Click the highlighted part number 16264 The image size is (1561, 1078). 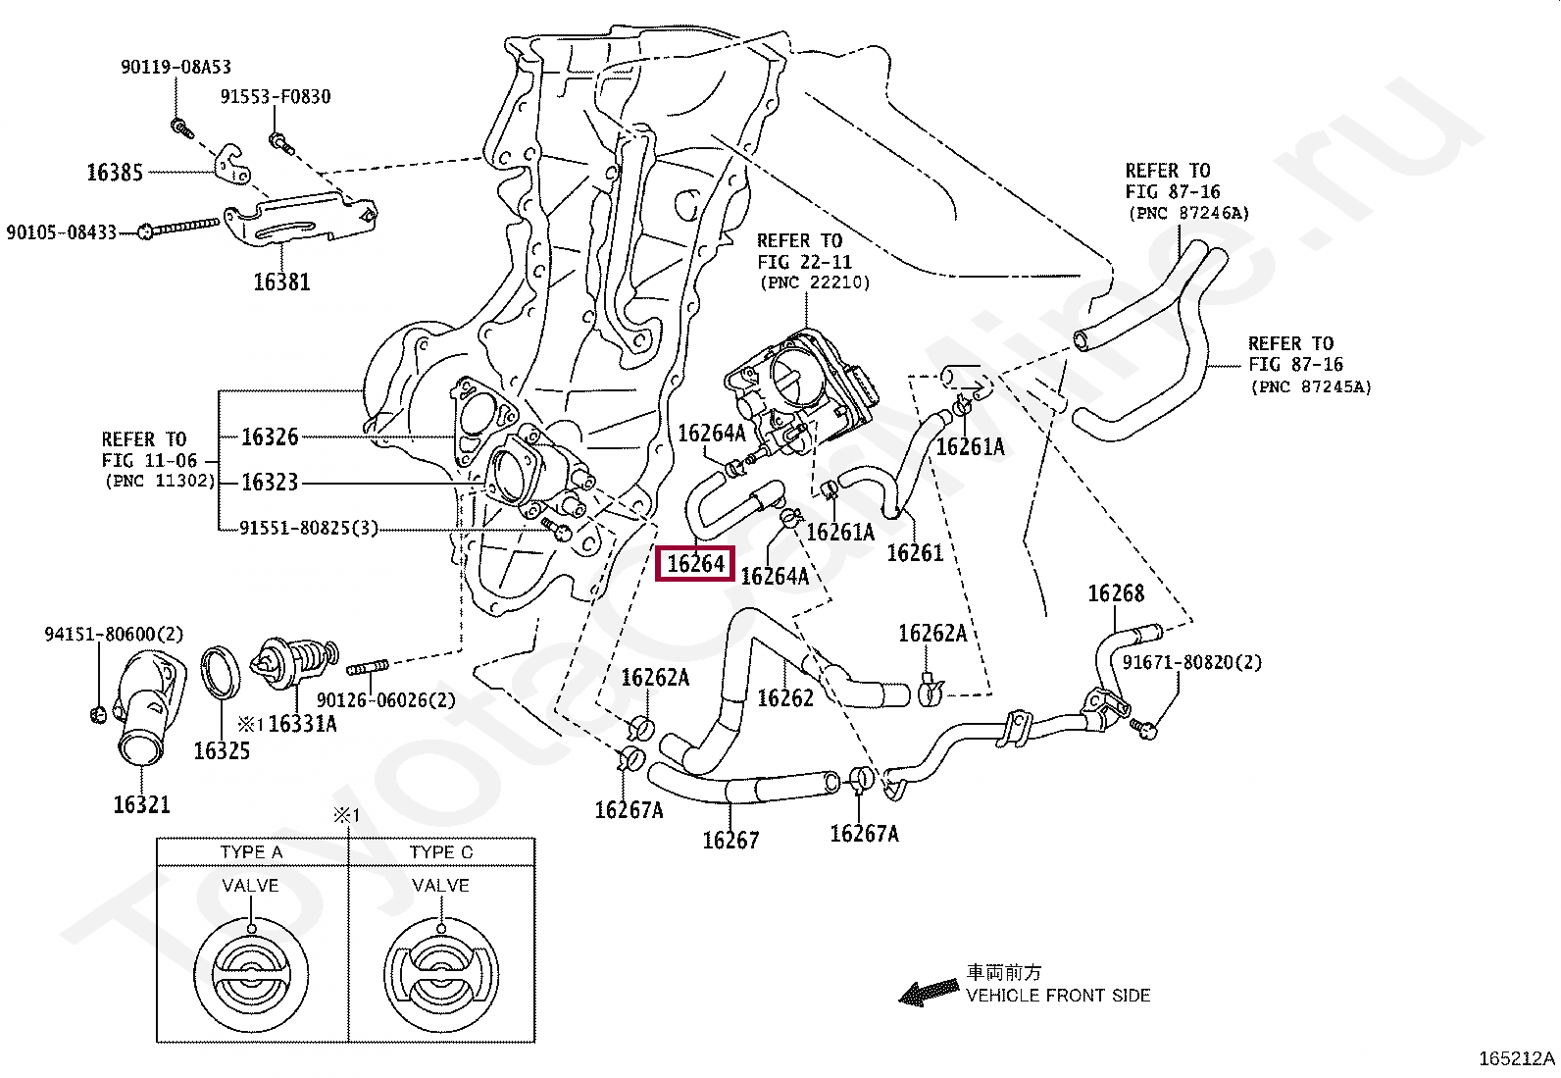(695, 563)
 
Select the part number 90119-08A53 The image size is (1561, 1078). (176, 67)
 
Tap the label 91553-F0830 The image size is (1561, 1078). (276, 96)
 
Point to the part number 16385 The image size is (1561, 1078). (115, 173)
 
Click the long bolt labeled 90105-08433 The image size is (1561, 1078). (178, 228)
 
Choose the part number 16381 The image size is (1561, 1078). (281, 282)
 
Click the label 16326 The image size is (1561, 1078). (270, 437)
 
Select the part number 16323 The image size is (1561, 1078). (270, 482)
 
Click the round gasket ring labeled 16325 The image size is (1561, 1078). (221, 672)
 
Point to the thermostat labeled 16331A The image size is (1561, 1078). (296, 661)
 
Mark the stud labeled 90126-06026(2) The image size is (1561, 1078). (368, 669)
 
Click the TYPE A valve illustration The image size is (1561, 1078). (251, 974)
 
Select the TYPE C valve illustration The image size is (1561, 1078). (441, 974)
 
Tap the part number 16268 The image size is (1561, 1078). (1116, 593)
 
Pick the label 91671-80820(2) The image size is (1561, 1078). (1191, 662)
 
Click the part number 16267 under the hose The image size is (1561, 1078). (730, 841)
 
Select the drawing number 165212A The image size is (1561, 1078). (1517, 1059)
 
